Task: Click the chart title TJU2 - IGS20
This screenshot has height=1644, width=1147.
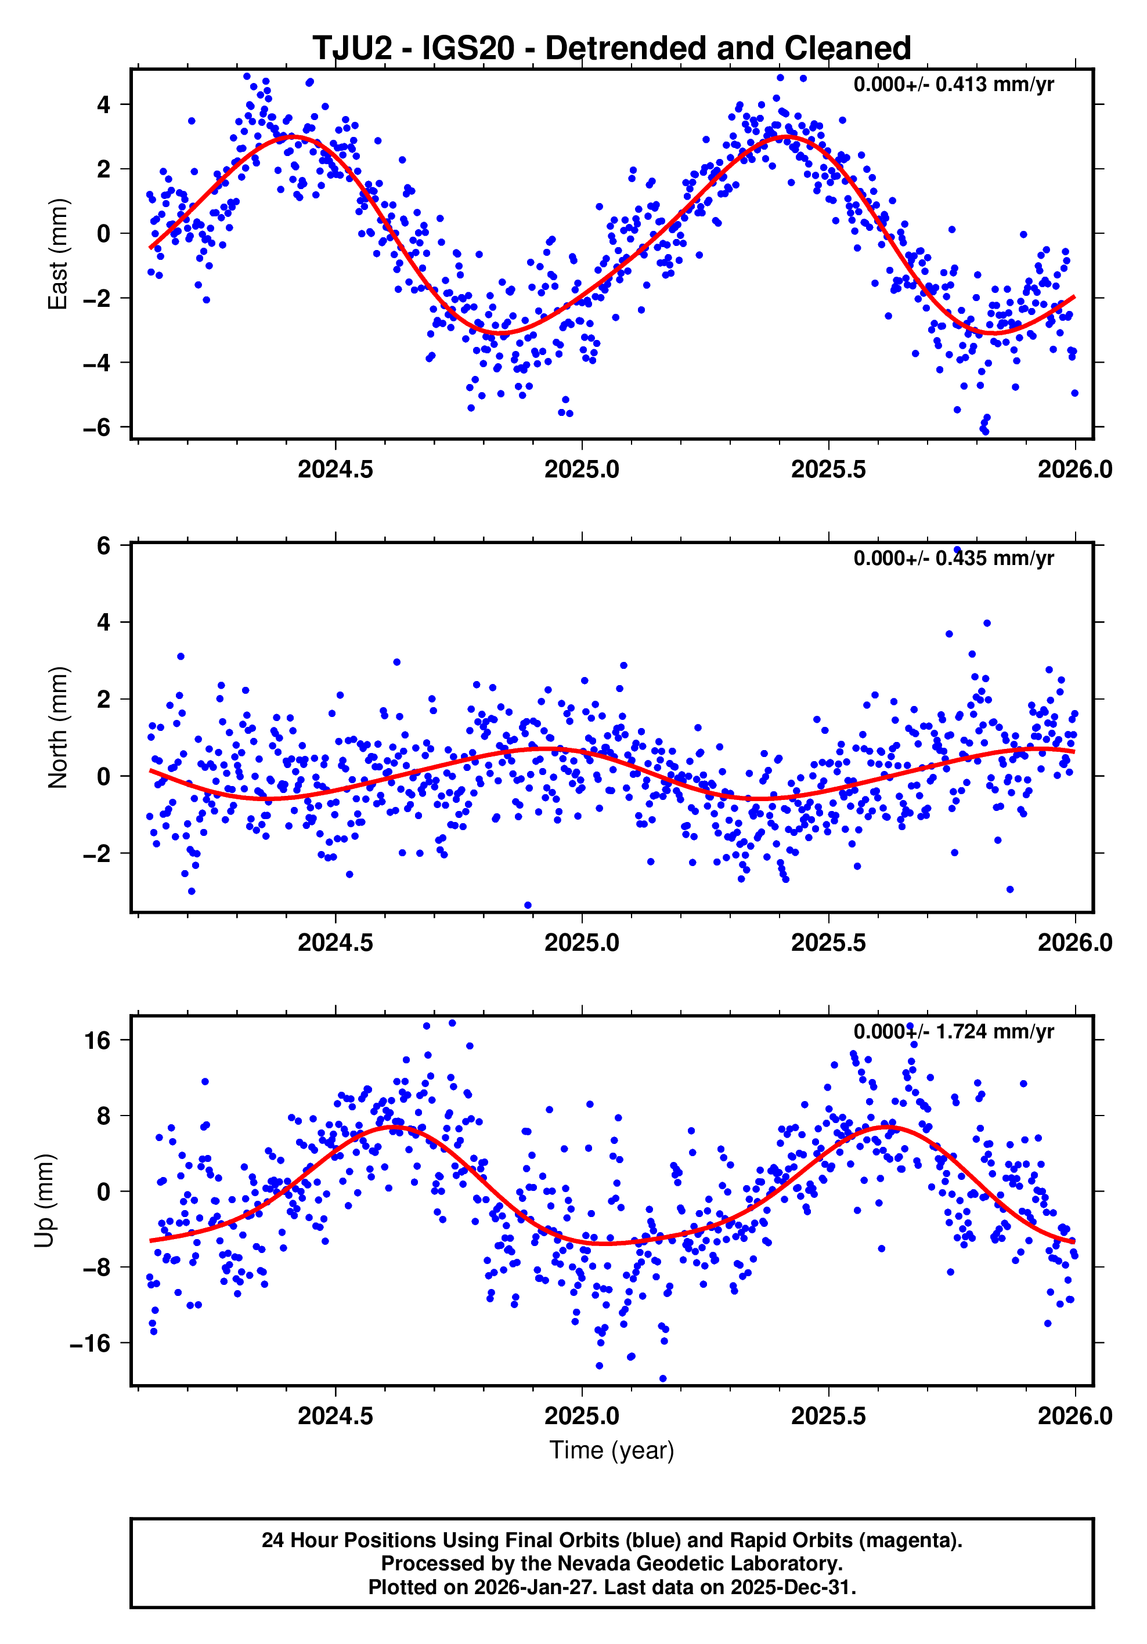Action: tap(611, 49)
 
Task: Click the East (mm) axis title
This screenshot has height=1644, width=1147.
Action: tap(57, 254)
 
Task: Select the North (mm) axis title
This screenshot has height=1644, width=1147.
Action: tap(57, 727)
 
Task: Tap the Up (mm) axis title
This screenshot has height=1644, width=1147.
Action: tap(45, 1201)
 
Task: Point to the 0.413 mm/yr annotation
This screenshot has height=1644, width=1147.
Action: tap(953, 85)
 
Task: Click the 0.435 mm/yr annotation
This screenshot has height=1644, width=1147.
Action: tap(953, 558)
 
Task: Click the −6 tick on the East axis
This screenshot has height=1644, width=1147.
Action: tap(96, 428)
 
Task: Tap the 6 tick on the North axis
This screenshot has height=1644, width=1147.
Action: tap(103, 546)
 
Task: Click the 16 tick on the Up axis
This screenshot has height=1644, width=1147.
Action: tap(97, 1040)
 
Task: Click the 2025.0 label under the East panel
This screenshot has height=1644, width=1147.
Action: tap(582, 470)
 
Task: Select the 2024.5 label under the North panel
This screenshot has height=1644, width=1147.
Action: tap(336, 943)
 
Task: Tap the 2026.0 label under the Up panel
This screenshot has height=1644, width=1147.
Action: tap(1074, 1415)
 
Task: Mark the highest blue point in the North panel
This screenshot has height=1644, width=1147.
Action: tap(957, 550)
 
